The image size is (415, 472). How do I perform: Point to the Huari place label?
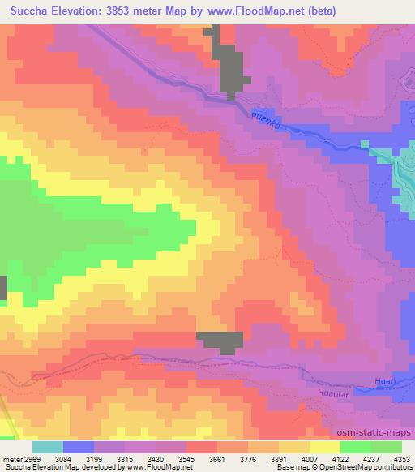[387, 379]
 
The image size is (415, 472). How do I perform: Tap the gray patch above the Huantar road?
[220, 341]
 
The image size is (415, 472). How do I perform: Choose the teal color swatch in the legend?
[48, 447]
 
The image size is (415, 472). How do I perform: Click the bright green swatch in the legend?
[355, 447]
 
